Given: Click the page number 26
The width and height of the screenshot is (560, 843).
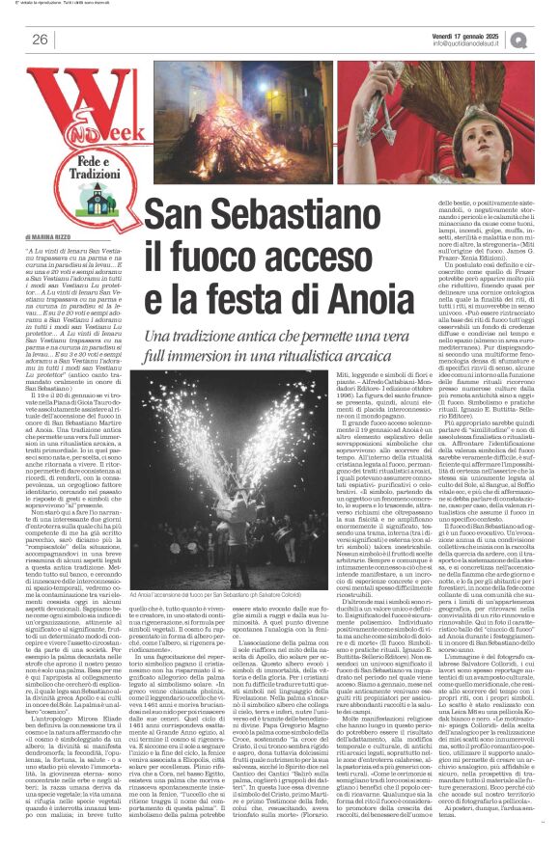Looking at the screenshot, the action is tap(40, 39).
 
